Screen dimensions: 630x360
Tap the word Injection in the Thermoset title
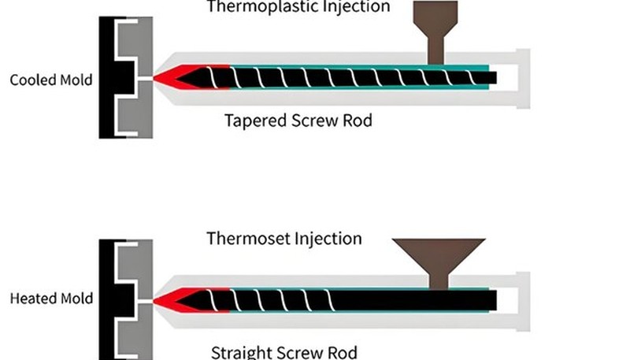point(328,238)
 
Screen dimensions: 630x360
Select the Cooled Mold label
point(51,80)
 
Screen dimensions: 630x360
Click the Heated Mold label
point(51,299)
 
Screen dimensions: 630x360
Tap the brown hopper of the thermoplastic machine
point(435,32)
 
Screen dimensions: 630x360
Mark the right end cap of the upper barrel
point(523,79)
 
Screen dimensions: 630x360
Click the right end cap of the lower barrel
point(523,302)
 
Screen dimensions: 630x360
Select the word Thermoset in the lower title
point(249,238)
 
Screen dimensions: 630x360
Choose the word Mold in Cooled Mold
point(76,80)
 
